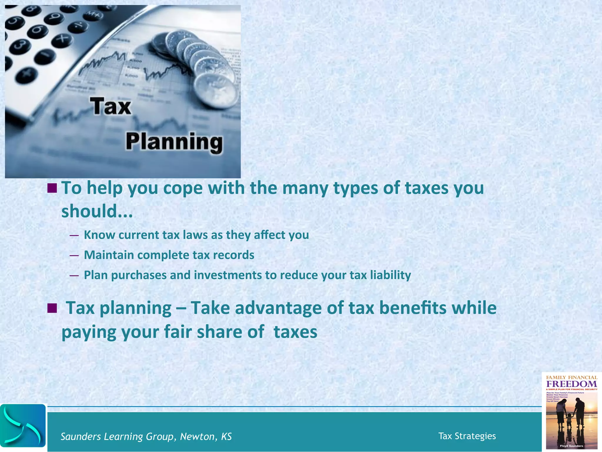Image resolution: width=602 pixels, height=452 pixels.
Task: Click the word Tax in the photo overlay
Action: pos(111,107)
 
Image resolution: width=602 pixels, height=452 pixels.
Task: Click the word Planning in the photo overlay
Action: pos(174,142)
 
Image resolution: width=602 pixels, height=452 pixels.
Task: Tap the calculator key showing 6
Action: pos(38,30)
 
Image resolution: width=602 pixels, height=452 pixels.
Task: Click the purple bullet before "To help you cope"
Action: pos(52,188)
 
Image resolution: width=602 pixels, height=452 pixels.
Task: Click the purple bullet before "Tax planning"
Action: pos(52,308)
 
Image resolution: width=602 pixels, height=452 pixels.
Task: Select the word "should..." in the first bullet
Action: pos(97,211)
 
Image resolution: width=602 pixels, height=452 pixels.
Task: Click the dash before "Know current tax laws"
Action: pos(74,235)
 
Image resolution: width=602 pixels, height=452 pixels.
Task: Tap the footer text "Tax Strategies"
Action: pos(467,436)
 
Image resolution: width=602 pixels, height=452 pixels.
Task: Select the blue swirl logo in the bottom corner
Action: pos(23,426)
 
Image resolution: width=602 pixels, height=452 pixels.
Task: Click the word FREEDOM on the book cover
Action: pos(571,384)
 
